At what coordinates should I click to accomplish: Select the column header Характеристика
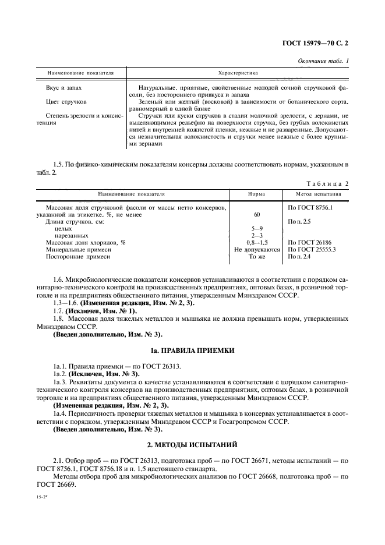point(238,73)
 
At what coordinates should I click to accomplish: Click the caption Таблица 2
point(326,183)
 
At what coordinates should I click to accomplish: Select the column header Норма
point(257,194)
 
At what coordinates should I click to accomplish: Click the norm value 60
point(257,214)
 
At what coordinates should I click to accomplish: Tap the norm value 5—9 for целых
point(257,228)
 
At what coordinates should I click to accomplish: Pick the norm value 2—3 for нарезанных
point(257,235)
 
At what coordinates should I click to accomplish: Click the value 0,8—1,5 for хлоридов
point(257,242)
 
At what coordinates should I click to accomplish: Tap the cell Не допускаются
point(257,249)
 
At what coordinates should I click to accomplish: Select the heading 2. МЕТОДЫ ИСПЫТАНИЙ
point(192,444)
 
